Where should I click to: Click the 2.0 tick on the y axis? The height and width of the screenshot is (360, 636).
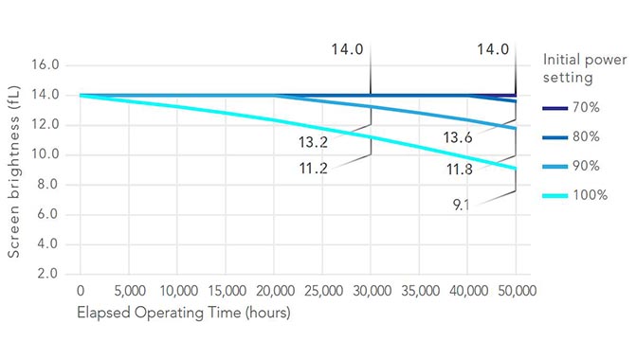(x=49, y=274)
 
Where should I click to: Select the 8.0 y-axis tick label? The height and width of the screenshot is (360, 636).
(x=49, y=185)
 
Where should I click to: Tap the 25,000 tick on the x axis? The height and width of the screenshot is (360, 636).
(x=322, y=291)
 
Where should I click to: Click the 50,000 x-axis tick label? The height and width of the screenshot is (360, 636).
(x=516, y=291)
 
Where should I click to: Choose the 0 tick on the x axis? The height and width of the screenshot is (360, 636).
(x=81, y=291)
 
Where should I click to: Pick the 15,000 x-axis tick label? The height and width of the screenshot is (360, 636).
(x=226, y=291)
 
